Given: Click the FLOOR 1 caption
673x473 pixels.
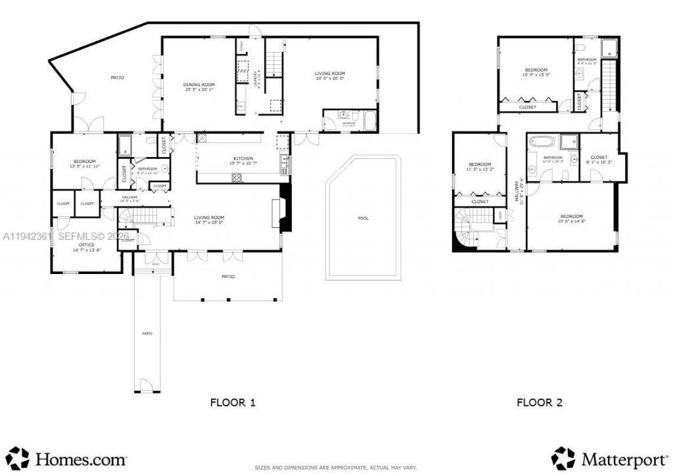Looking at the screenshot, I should coord(232,403).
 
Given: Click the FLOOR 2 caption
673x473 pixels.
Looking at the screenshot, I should coord(540,403).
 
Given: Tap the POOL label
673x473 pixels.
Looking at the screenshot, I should coord(363,217).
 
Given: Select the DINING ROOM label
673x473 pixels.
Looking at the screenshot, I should coord(198,85).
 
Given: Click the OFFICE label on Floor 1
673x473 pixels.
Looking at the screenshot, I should coord(87,244).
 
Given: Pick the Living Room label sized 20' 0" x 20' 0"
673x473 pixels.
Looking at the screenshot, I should coord(330,74).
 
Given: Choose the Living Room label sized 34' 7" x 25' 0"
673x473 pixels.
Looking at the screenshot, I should coord(209,217).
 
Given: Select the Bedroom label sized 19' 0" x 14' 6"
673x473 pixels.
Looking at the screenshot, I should coord(571,217).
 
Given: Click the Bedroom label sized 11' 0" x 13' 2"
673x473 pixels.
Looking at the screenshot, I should coord(480,164).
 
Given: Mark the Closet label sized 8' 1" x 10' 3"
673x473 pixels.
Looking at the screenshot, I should coord(599,158).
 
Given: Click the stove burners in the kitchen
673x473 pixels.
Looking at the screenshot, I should coord(236,177).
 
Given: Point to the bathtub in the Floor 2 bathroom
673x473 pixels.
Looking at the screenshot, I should coord(543,141).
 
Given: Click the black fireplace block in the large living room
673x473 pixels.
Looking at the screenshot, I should coord(285,208).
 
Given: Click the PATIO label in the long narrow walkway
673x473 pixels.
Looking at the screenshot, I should coord(147,334).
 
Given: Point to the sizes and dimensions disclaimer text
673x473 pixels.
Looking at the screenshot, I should coord(336,467).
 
